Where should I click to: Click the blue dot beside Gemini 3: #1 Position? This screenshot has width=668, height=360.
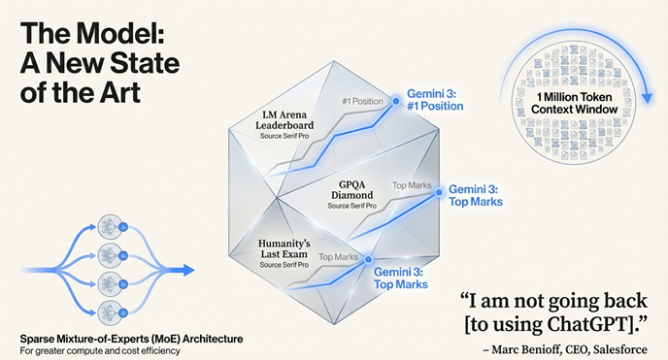(x=395, y=99)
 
